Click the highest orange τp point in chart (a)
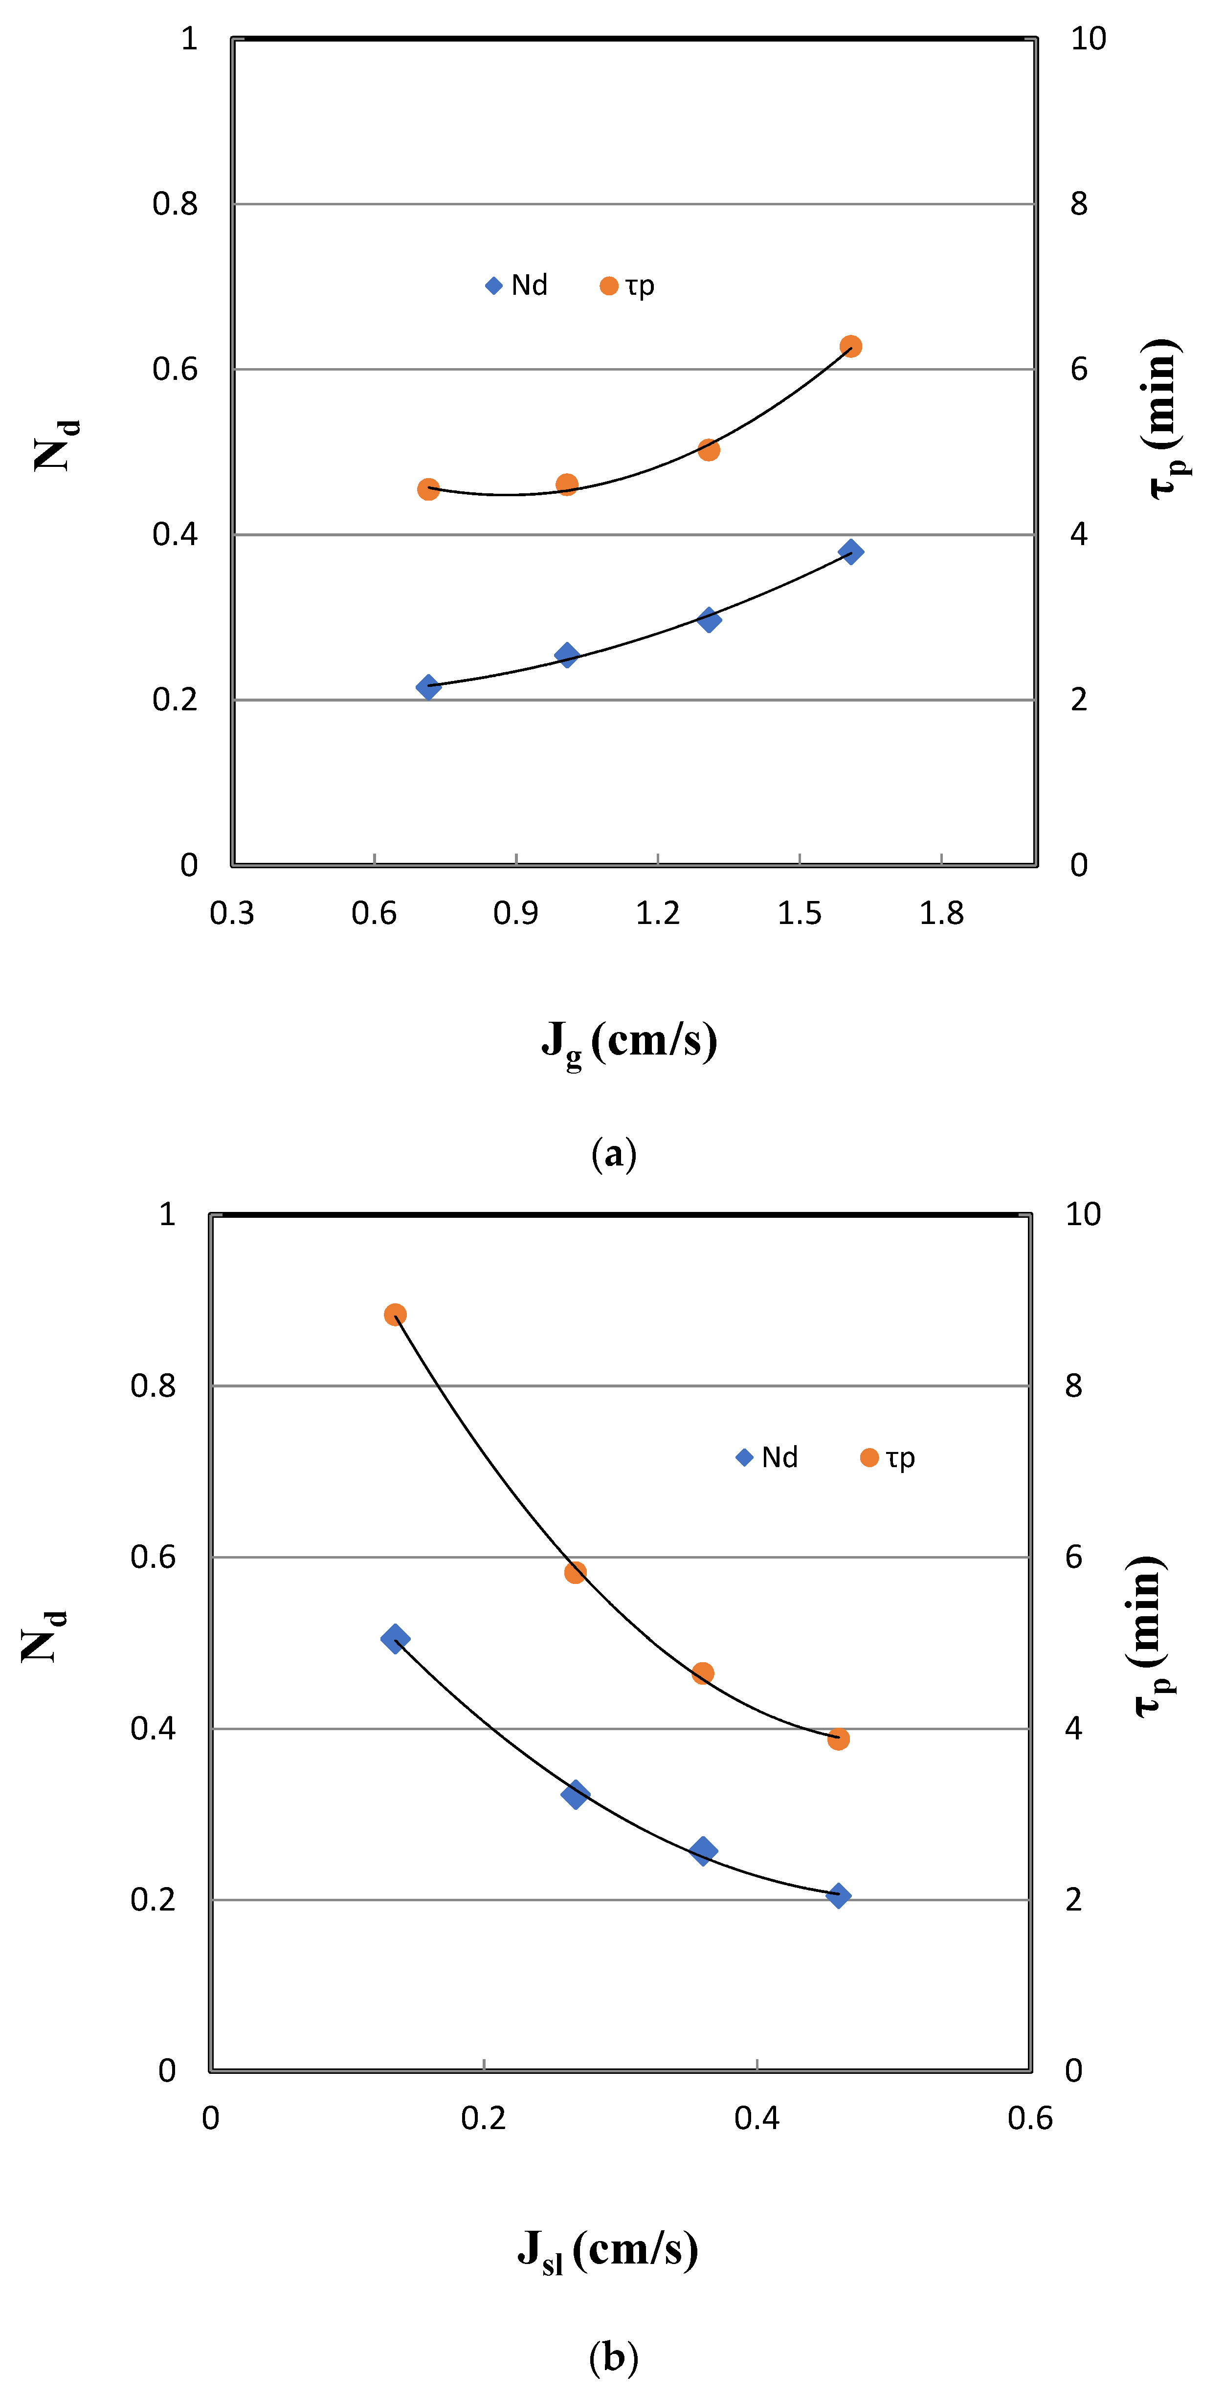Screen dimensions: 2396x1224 coord(850,346)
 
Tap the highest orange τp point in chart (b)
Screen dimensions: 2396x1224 coord(394,1314)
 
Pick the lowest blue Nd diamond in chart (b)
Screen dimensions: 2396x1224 coord(838,1895)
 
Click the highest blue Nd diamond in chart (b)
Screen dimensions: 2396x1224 coord(394,1638)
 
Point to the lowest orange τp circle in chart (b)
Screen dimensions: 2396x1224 coord(838,1738)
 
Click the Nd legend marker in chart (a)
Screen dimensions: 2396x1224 coord(494,286)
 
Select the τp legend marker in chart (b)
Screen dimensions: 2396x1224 coord(868,1457)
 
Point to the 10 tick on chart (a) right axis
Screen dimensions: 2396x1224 coord(1087,39)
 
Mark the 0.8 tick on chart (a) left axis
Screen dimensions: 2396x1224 coord(175,204)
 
